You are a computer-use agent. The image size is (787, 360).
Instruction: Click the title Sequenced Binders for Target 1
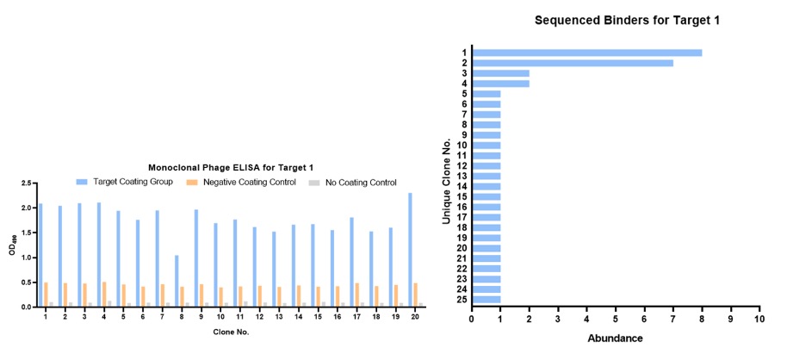click(614, 20)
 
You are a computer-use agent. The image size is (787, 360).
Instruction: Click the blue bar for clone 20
click(410, 250)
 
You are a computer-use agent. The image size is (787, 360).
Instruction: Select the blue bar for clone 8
click(177, 281)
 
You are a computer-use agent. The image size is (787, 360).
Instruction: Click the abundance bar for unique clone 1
click(586, 53)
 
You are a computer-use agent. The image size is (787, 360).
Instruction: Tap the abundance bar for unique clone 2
click(573, 63)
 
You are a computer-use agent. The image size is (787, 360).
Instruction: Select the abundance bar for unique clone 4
click(500, 84)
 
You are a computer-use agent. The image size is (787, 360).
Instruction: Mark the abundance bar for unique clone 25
click(486, 300)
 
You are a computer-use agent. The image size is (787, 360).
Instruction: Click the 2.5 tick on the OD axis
click(26, 183)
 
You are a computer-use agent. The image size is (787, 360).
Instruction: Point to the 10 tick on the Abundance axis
click(759, 318)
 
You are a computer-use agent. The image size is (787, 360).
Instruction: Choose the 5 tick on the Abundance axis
click(615, 318)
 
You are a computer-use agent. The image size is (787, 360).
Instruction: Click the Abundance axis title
click(615, 338)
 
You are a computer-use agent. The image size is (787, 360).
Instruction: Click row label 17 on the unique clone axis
click(462, 217)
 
